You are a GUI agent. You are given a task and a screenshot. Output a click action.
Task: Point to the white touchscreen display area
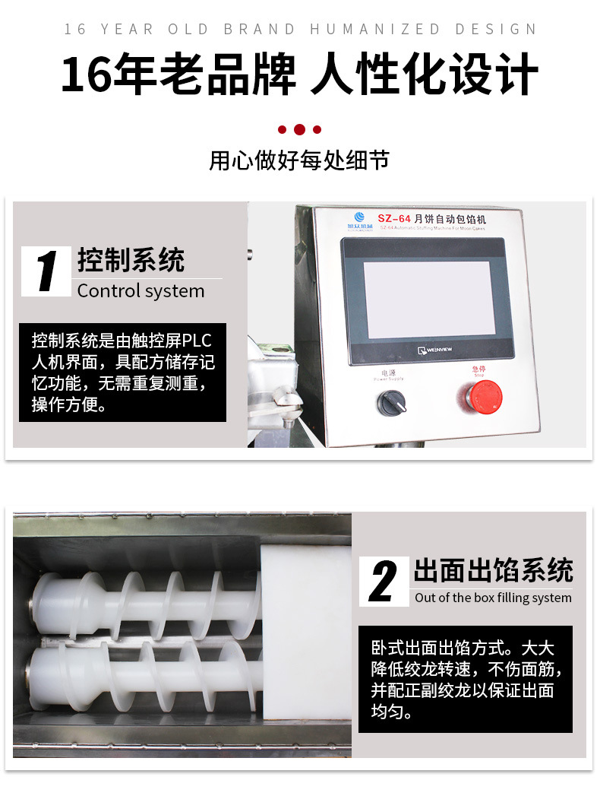[428, 299]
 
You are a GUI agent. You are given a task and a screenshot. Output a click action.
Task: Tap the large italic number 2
[384, 582]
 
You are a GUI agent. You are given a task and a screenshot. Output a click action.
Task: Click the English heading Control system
[141, 291]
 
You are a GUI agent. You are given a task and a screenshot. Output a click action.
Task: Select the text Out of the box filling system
[493, 598]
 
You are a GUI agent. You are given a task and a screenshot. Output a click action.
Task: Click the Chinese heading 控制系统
[131, 260]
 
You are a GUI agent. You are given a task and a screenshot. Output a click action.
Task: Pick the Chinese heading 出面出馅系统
[493, 570]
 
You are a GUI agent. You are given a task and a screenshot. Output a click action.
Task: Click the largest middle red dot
[299, 130]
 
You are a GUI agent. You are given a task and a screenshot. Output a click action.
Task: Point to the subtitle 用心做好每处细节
[299, 161]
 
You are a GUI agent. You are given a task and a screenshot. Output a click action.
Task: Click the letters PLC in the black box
[196, 341]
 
